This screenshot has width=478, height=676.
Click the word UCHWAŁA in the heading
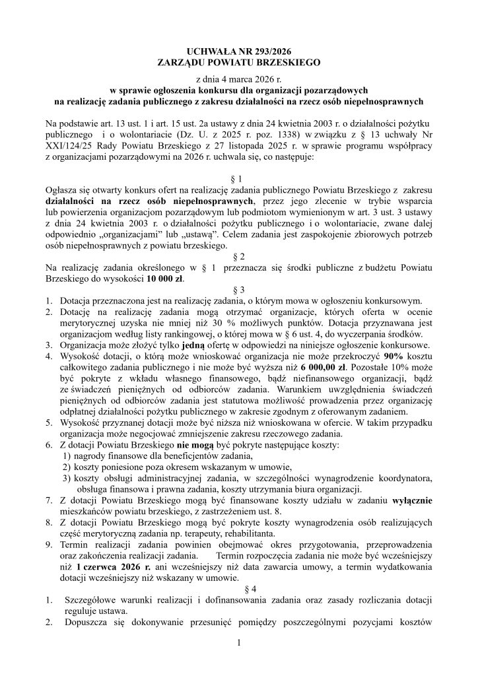tap(210, 51)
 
